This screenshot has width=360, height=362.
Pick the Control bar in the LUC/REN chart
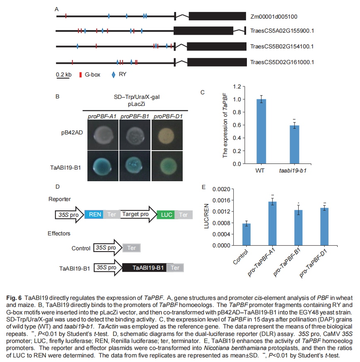247,234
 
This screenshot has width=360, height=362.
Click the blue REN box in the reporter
94,215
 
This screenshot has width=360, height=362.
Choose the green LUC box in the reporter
166,215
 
